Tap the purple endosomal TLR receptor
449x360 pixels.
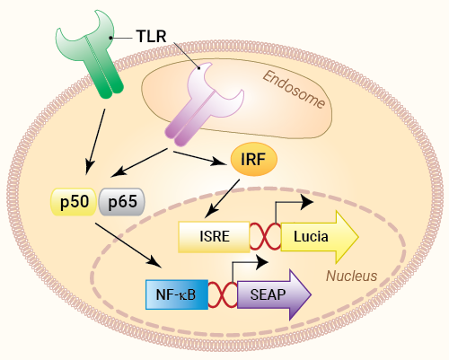pyautogui.click(x=197, y=103)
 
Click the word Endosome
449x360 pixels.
pyautogui.click(x=295, y=87)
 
